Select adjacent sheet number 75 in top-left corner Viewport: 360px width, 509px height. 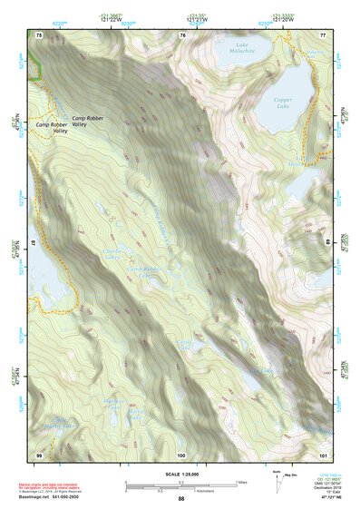[x=39, y=34]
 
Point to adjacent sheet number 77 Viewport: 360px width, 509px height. [x=322, y=34]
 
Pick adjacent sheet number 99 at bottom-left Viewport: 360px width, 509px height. [x=39, y=454]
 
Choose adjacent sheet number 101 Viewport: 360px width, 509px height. [x=322, y=454]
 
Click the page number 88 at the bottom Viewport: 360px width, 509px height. [x=181, y=498]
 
